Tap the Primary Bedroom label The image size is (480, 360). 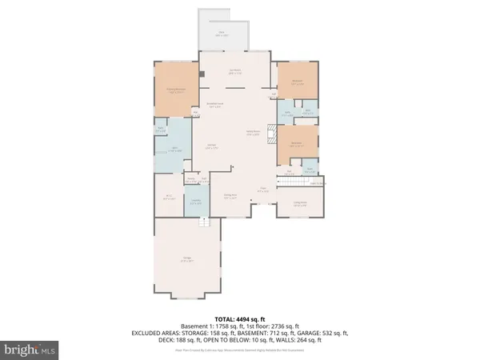[175, 90]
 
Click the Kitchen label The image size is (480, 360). [212, 146]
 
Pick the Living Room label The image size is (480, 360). [300, 202]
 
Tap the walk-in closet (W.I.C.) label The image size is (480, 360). [169, 196]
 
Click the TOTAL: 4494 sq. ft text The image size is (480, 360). [239, 320]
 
